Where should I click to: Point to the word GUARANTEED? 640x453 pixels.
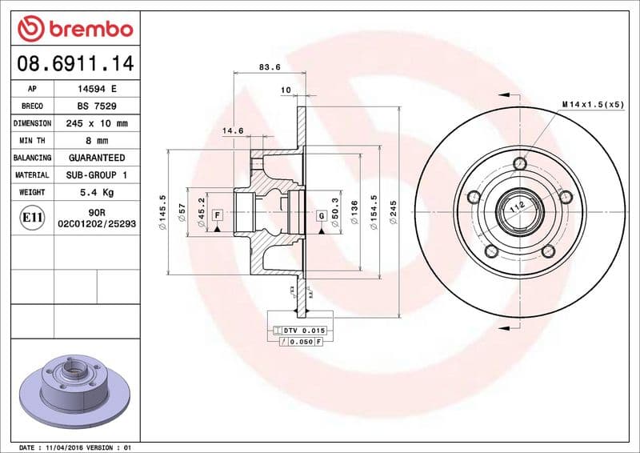[x=96, y=158]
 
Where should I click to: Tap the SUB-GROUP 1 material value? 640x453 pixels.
[x=96, y=174]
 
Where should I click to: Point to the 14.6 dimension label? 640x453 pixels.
[x=232, y=130]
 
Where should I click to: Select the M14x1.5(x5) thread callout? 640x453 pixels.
[x=592, y=105]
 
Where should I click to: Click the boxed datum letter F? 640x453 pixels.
[x=218, y=215]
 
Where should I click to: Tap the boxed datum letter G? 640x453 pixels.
[x=321, y=215]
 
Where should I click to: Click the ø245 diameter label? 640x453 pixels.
[x=393, y=214]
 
